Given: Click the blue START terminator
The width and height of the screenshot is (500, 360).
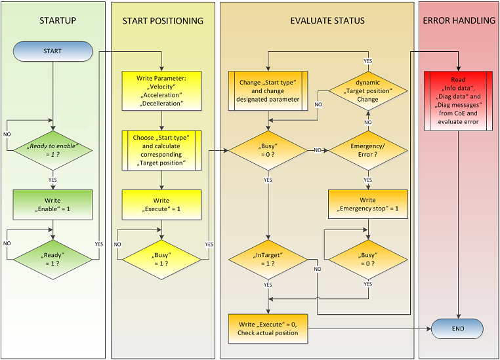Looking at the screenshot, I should coord(52,50).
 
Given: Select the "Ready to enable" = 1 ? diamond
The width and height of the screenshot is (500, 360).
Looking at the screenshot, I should coord(52,150).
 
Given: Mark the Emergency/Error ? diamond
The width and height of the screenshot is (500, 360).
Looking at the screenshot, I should coord(367,150).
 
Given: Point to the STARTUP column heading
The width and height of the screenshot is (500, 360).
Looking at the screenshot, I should coord(52,20).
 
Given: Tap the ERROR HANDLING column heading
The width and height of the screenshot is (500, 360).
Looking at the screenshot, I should coord(459,20).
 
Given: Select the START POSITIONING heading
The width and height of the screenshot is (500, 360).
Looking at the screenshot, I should coord(163,21).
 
